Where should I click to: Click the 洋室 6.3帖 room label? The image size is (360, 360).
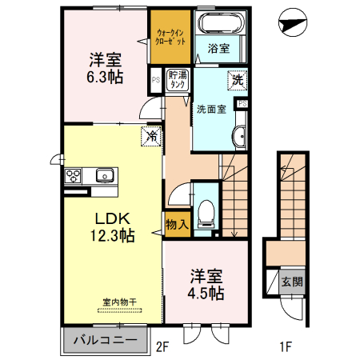point(104,66)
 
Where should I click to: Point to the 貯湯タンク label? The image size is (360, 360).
point(177,80)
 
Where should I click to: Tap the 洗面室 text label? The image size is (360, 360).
point(212,107)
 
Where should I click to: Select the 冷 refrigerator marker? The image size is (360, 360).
point(150,136)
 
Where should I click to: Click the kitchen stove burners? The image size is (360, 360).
point(72,175)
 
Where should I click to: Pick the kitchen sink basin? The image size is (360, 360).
point(103,175)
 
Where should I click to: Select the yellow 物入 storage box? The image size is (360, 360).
point(176,225)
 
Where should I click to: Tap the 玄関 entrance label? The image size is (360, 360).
point(291,282)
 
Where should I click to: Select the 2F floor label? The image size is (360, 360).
point(163,346)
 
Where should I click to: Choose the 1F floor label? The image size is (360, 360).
point(286,346)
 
